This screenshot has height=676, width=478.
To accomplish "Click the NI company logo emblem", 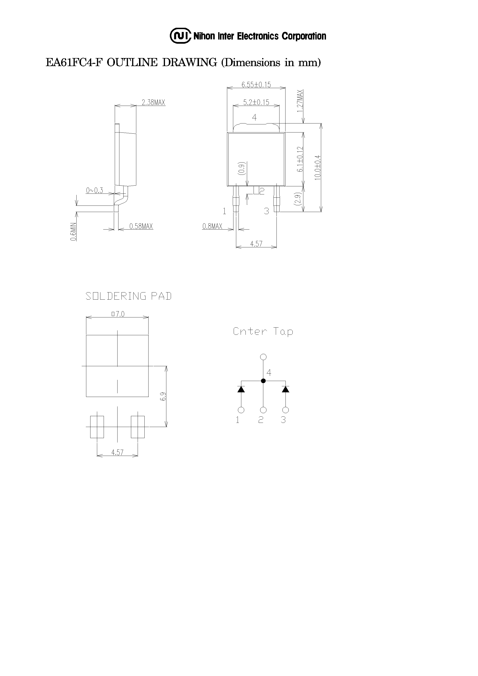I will click(180, 36).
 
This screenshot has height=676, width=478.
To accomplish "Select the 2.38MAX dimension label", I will click(153, 102).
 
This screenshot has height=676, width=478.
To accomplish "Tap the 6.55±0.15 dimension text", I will click(256, 85).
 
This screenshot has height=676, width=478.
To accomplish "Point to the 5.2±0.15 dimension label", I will click(256, 102).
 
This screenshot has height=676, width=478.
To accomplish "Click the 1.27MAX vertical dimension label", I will click(300, 101).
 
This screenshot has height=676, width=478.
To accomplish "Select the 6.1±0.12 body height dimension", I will click(300, 159).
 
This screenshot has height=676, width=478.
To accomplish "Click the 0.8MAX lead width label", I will click(212, 226).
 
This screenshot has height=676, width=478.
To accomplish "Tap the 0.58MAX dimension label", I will click(141, 226).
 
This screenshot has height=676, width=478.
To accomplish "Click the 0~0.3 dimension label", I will click(94, 191).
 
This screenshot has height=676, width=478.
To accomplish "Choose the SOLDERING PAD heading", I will click(128, 296).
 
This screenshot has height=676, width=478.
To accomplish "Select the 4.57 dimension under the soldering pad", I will click(117, 452).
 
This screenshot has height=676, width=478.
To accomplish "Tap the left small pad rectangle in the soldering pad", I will click(97, 427).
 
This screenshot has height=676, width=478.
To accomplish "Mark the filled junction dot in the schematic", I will click(264, 381).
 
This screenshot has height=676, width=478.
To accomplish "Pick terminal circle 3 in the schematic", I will click(285, 410).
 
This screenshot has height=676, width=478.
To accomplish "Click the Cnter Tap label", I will click(263, 332).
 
